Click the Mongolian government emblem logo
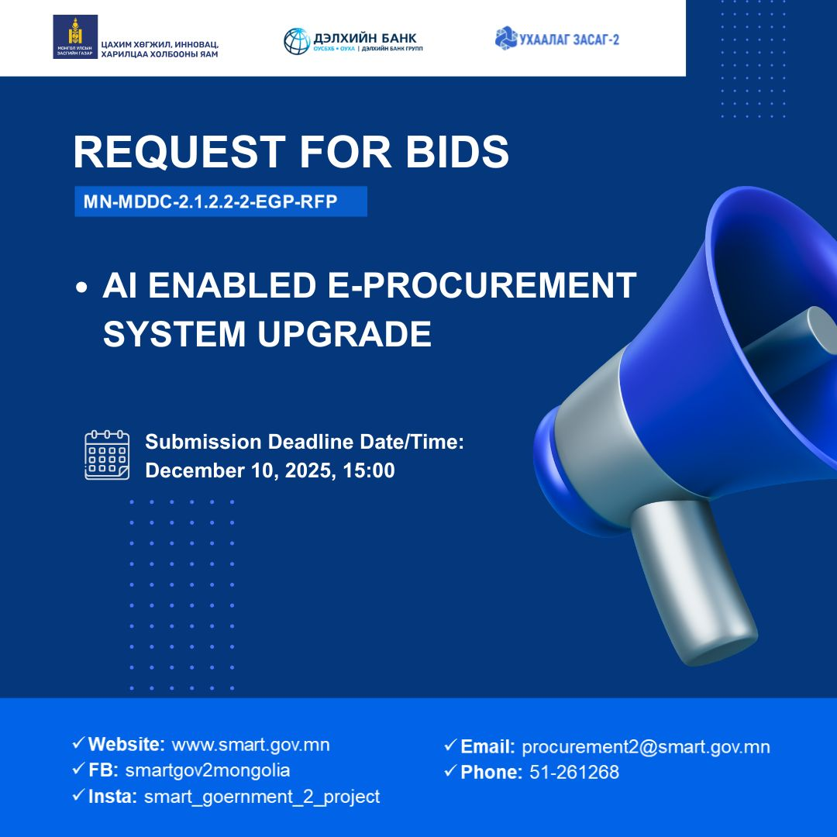coord(75,37)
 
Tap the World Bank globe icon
coord(296,41)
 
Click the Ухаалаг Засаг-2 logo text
coord(569,39)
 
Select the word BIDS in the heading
coord(457,152)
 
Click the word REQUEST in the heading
coord(179,153)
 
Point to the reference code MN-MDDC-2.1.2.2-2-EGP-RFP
coord(210,201)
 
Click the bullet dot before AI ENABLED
coord(81,288)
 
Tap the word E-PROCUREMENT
coord(481,285)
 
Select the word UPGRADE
coord(344,334)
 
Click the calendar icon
coord(107,455)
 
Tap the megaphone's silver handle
coord(692,582)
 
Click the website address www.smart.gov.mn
coord(250,745)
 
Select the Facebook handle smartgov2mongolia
coord(208,770)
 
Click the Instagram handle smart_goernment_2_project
coord(262,797)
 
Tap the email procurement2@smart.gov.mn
coord(646,747)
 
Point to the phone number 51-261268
coord(574,772)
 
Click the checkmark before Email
coord(450,744)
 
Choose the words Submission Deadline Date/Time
coord(305,442)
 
